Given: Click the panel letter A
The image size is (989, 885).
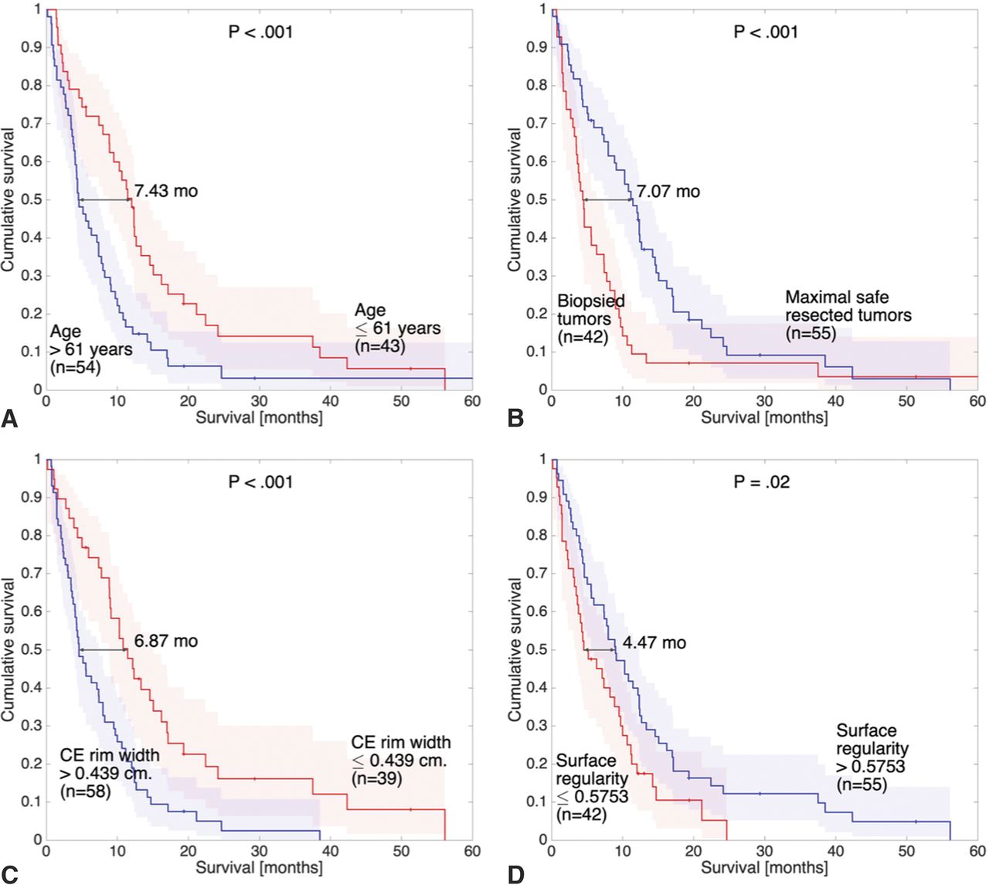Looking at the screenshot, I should click(9, 419).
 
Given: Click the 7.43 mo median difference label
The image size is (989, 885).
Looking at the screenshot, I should click(166, 190).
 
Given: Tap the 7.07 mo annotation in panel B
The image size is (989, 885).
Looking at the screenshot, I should click(668, 191).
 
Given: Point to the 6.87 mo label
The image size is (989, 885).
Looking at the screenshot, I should click(166, 641).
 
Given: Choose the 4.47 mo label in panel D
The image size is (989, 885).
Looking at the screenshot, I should click(654, 642).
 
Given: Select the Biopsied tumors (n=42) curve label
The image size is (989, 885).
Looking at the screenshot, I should click(591, 318).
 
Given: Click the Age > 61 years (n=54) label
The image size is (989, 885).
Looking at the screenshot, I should click(91, 350).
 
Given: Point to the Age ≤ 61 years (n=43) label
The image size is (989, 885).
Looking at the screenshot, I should click(397, 328).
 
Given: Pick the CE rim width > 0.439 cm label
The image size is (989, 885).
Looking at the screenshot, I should click(110, 773).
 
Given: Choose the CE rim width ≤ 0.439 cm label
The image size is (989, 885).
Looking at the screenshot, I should click(400, 760).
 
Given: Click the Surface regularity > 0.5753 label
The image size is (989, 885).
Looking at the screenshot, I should click(872, 757).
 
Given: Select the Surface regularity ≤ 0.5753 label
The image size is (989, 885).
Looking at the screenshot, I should click(592, 788).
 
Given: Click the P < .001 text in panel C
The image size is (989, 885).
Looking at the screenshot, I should click(260, 482).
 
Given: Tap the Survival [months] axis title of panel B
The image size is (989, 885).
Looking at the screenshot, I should click(764, 417).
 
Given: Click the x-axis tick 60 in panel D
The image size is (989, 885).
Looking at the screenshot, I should click(977, 851).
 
